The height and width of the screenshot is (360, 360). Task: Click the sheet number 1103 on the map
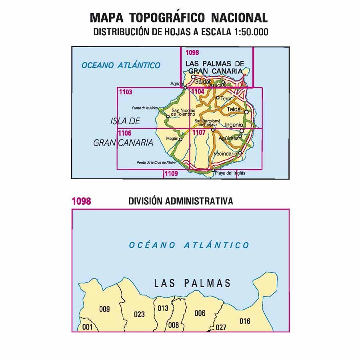point(126,92)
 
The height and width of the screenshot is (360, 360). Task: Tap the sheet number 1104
point(198,92)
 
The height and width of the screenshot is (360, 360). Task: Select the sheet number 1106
point(126,132)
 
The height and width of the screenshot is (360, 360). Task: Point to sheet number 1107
point(199,132)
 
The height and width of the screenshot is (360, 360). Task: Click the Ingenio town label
point(234,125)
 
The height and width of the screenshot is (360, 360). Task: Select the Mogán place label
point(171,138)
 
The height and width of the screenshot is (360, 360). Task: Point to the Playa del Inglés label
point(230,173)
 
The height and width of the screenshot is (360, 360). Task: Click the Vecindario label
point(226,154)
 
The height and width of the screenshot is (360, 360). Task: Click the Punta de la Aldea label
point(145,108)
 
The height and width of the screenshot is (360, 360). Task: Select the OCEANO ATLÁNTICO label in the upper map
point(120,65)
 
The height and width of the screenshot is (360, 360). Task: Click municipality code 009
point(104,308)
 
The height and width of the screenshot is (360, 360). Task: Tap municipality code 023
point(139,314)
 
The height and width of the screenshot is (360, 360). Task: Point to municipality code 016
point(245,321)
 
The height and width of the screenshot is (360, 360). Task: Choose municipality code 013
point(163,308)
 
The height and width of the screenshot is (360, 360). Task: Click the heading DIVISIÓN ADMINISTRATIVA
point(181,201)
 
